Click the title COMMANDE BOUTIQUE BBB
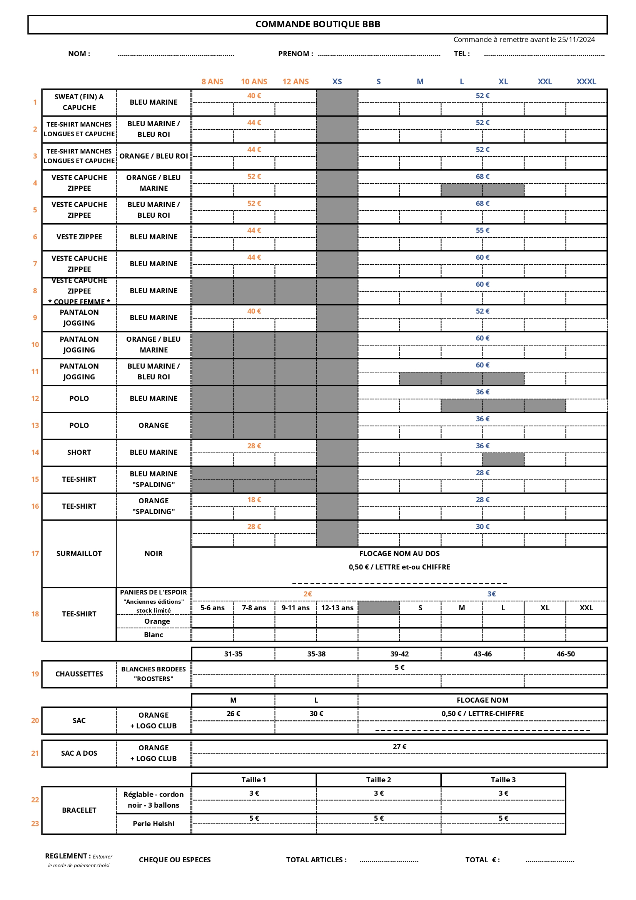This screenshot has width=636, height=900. coord(317,24)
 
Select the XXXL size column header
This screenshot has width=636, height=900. coord(586,82)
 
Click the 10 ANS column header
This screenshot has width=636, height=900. coord(254,82)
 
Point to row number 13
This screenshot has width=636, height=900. coord(35,425)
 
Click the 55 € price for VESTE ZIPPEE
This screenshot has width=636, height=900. coord(482,230)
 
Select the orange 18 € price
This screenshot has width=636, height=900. coord(254,500)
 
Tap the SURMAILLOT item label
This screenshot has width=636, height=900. coord(79,553)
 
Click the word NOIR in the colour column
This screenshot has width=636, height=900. coord(153,553)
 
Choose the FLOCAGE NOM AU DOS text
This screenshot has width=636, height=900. coord(399,553)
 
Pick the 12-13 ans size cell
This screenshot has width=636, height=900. coord(337,608)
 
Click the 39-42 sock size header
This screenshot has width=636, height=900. coord(399,654)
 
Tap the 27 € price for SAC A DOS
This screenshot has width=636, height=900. coord(399,747)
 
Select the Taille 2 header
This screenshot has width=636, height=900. coord(379,780)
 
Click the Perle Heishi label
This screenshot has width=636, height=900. coord(153,823)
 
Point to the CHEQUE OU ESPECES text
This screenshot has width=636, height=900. coord(175,860)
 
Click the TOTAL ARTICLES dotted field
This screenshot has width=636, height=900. coord(389,861)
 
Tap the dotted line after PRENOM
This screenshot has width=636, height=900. coord(379,55)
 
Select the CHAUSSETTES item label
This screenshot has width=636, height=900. coord(79,674)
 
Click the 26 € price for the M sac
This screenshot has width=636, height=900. coord(233,713)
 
